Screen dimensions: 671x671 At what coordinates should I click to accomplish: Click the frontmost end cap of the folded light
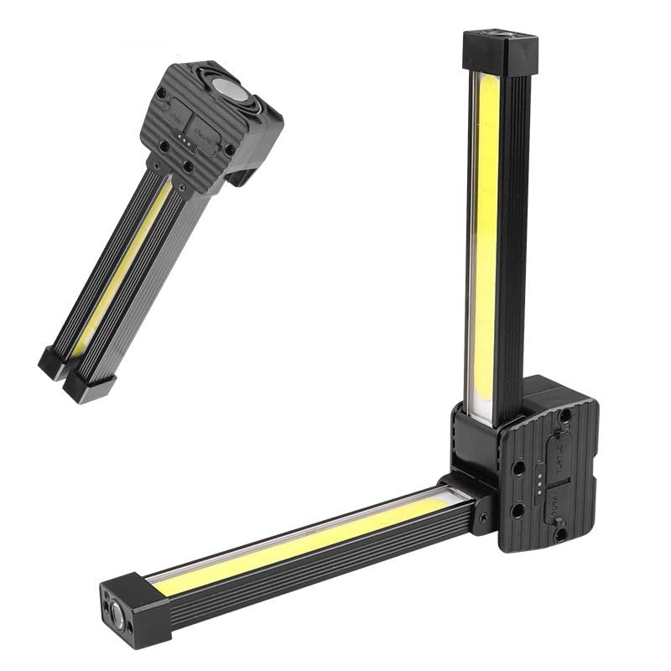[89, 386]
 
